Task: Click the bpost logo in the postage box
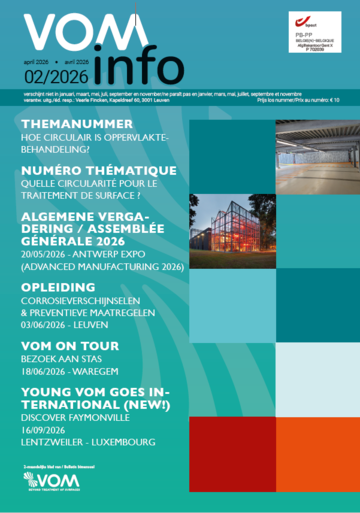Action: tap(301, 19)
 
